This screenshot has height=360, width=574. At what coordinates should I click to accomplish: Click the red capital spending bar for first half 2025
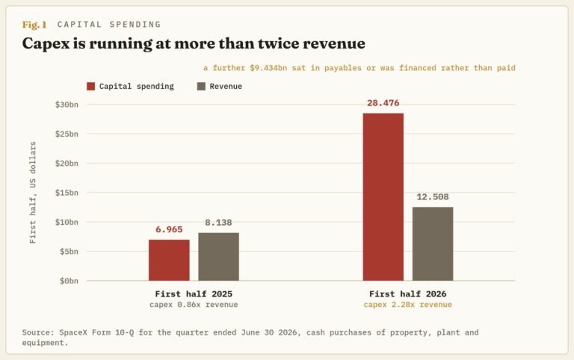coord(169,260)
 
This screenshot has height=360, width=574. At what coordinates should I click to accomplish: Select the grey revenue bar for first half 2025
coord(218,257)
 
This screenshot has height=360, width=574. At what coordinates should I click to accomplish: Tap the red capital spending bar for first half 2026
coord(383,197)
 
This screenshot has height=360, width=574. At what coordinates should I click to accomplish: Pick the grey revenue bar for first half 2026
coord(433,243)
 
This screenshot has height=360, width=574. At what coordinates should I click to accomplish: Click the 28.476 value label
coord(383,103)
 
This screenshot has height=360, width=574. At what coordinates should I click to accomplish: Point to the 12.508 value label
coord(433,197)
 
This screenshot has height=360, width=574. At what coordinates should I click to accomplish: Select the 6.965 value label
coord(169,229)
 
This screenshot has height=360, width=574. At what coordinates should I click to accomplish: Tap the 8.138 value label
coord(218,223)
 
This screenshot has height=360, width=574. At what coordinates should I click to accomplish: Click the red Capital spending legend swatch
coord(90,87)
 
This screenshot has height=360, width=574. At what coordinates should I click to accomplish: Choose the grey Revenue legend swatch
coord(201,87)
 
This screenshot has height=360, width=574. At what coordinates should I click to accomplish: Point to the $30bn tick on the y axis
coord(67,105)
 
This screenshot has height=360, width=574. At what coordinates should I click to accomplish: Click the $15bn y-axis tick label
coord(67,193)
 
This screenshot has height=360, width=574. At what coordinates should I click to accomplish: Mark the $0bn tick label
coord(70,281)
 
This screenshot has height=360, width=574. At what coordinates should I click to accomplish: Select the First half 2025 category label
coord(194,294)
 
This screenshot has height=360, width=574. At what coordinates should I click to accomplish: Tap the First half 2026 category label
coord(408,294)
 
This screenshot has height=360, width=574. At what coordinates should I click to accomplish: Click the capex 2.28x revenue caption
coord(408,305)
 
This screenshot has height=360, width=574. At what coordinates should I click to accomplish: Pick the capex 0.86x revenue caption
coord(194,305)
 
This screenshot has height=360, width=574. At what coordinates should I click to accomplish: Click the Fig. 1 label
coord(34,25)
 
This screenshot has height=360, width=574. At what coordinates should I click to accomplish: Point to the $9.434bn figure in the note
coord(268,68)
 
